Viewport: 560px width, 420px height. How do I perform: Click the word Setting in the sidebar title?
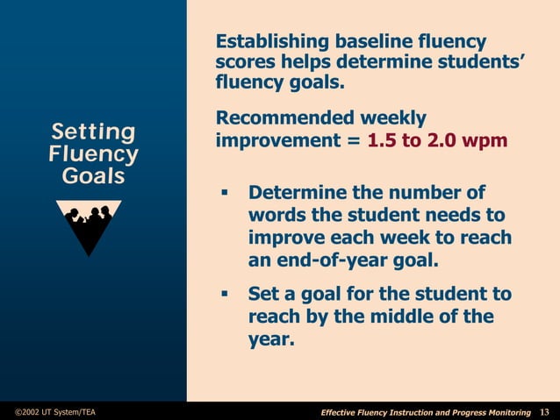[93, 132]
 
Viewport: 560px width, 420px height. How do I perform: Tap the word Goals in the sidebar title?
[93, 175]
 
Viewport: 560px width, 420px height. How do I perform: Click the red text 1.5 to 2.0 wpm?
[437, 140]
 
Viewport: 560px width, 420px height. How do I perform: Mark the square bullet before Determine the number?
[224, 193]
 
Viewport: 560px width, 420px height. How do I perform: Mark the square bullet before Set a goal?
[224, 295]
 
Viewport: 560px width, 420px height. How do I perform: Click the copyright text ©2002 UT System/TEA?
[55, 412]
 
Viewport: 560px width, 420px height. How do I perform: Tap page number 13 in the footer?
[544, 412]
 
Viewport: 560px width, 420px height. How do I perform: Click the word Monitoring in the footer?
[505, 412]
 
